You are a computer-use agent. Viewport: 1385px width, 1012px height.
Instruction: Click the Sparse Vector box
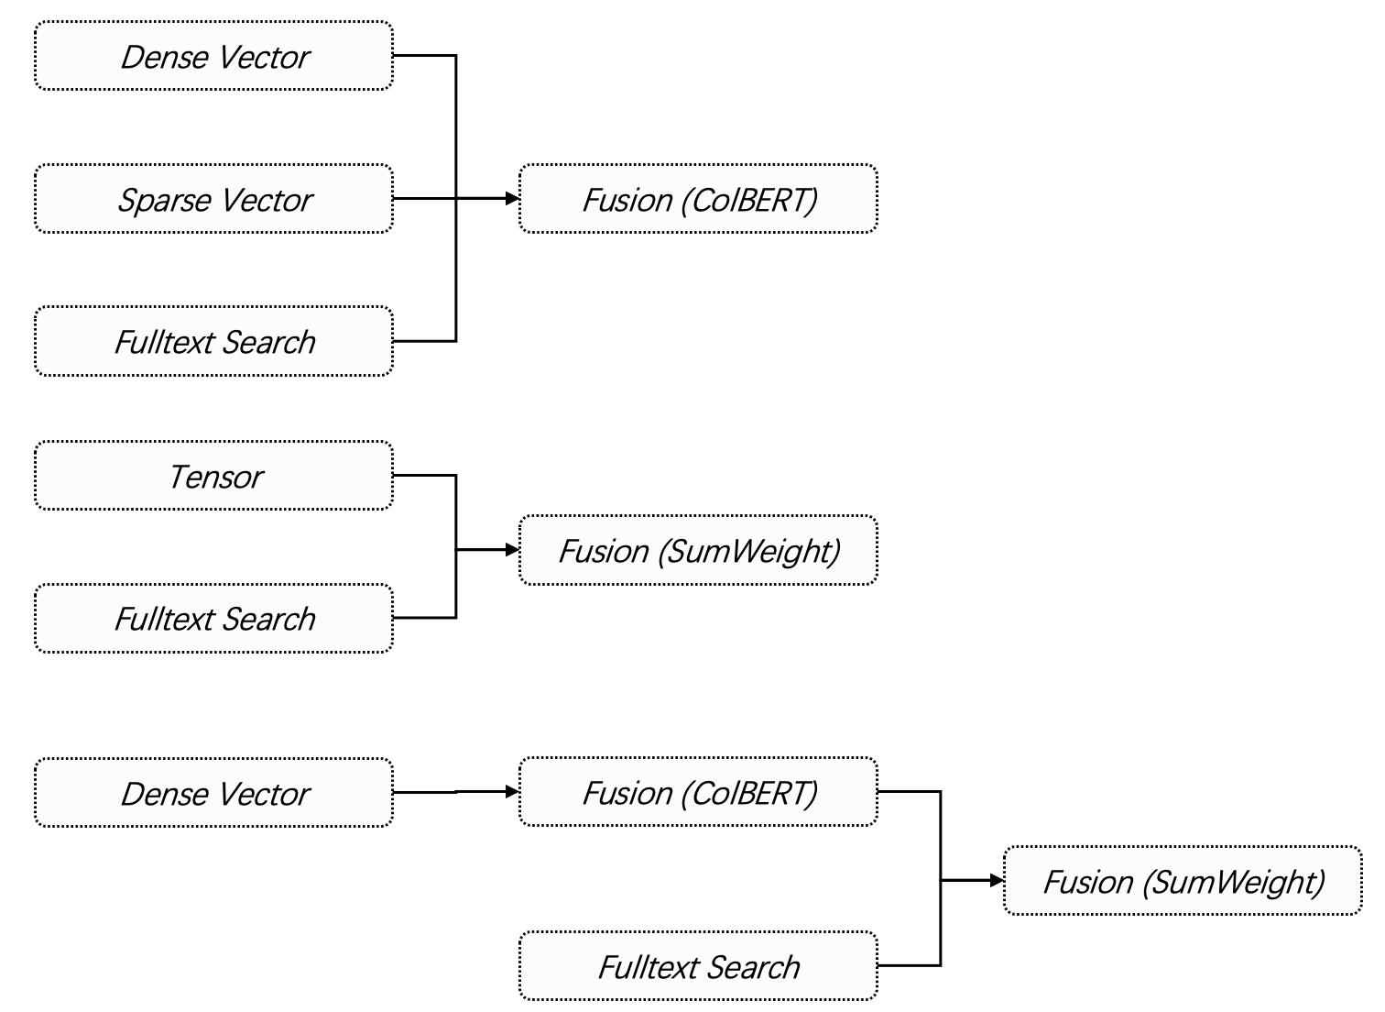click(x=214, y=199)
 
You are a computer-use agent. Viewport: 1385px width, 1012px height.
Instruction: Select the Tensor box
click(x=214, y=476)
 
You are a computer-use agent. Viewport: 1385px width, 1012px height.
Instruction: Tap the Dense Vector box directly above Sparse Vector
click(x=214, y=56)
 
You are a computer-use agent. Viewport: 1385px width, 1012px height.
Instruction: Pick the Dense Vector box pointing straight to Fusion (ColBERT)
click(x=214, y=792)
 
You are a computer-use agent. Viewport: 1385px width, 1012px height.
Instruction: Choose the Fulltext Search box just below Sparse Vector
click(x=214, y=341)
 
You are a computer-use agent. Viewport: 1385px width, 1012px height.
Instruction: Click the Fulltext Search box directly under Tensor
click(x=214, y=618)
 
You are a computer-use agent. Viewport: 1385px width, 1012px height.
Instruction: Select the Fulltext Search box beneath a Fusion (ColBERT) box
click(x=699, y=965)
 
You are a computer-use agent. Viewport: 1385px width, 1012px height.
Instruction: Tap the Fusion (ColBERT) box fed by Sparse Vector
click(x=699, y=199)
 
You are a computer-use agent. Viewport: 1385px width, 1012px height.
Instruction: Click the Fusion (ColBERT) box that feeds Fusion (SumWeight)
click(x=699, y=791)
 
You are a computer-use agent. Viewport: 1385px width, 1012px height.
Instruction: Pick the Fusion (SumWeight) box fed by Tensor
click(x=699, y=550)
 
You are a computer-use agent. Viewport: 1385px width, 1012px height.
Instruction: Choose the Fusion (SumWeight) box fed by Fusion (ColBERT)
click(x=1183, y=880)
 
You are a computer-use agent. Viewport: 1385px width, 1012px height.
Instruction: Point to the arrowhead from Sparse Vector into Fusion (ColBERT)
click(x=513, y=199)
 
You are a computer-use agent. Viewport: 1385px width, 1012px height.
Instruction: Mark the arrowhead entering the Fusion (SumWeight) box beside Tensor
click(x=513, y=549)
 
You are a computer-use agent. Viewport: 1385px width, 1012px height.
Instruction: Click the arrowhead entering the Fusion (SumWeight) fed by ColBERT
click(x=997, y=880)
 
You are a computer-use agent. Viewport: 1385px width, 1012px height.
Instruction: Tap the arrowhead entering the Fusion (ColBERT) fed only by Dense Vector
click(x=513, y=791)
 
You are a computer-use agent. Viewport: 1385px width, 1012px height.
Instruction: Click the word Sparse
click(x=165, y=201)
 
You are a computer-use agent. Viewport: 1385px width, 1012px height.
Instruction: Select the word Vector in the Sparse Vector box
click(x=267, y=200)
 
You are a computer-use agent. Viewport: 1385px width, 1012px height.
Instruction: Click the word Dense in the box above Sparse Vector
click(x=165, y=58)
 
